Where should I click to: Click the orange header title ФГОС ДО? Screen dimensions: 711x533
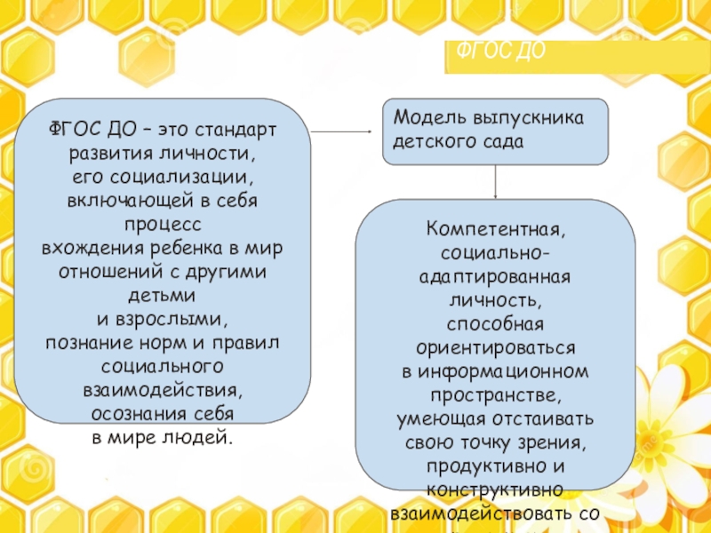[x=499, y=52]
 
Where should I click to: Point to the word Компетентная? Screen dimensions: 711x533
[x=495, y=230]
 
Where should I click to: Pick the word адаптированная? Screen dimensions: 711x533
[x=495, y=276]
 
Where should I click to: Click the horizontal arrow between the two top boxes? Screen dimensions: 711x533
[x=342, y=131]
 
